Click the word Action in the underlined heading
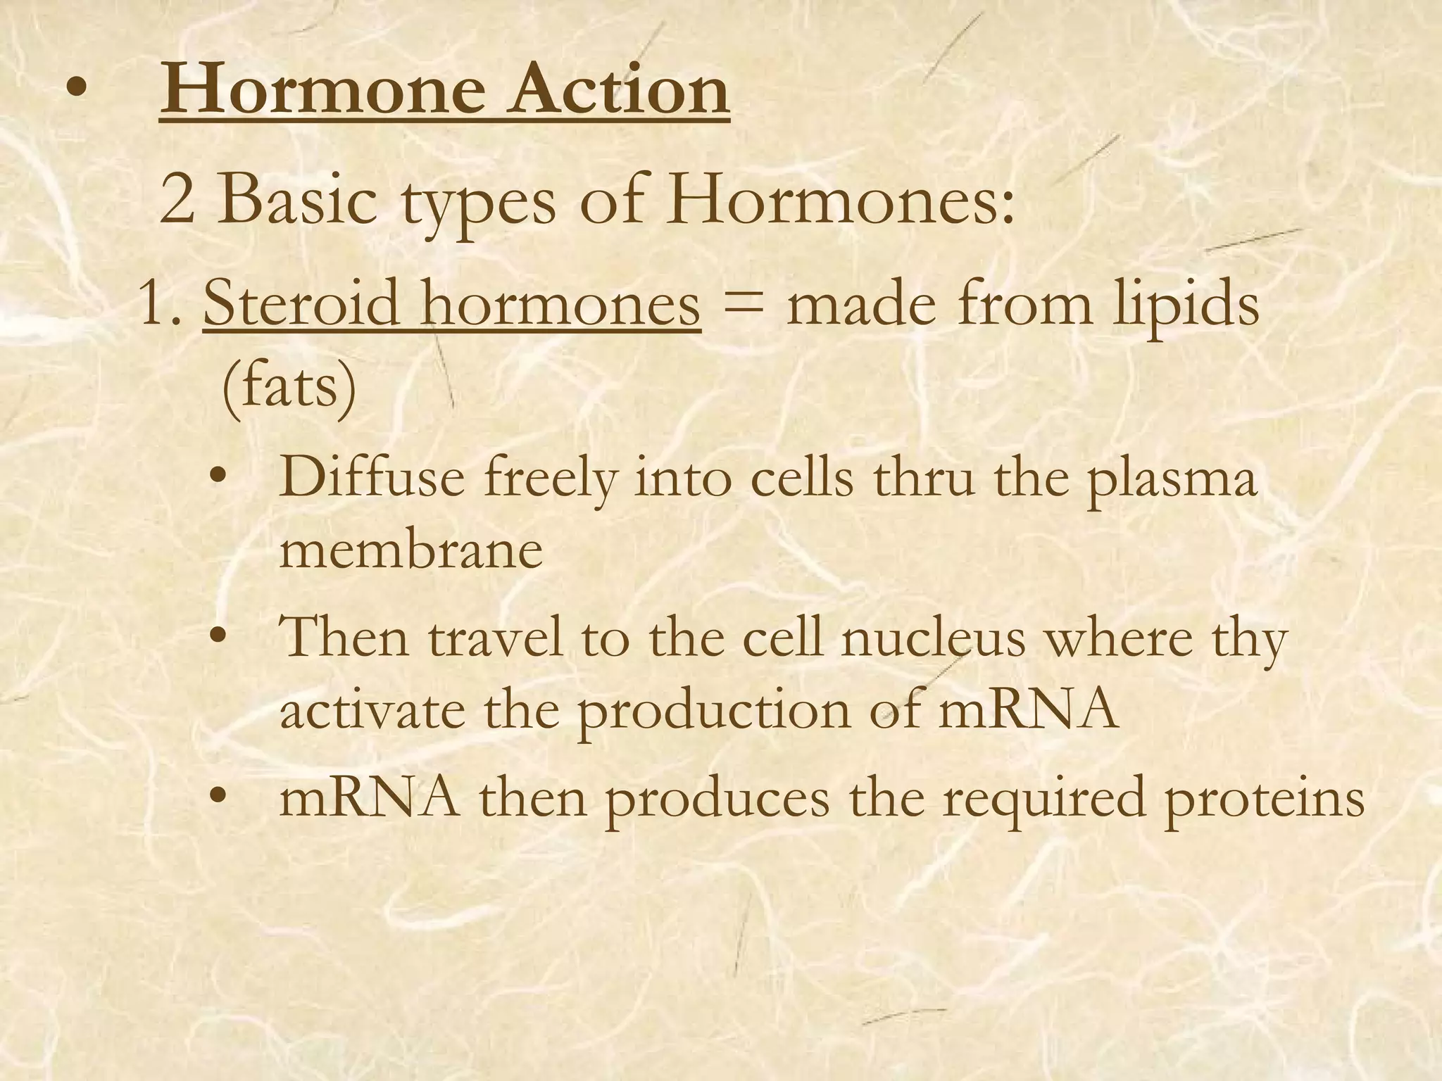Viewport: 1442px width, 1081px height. (619, 90)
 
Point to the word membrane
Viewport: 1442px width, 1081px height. (411, 550)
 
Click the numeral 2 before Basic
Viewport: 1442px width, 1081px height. (177, 200)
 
